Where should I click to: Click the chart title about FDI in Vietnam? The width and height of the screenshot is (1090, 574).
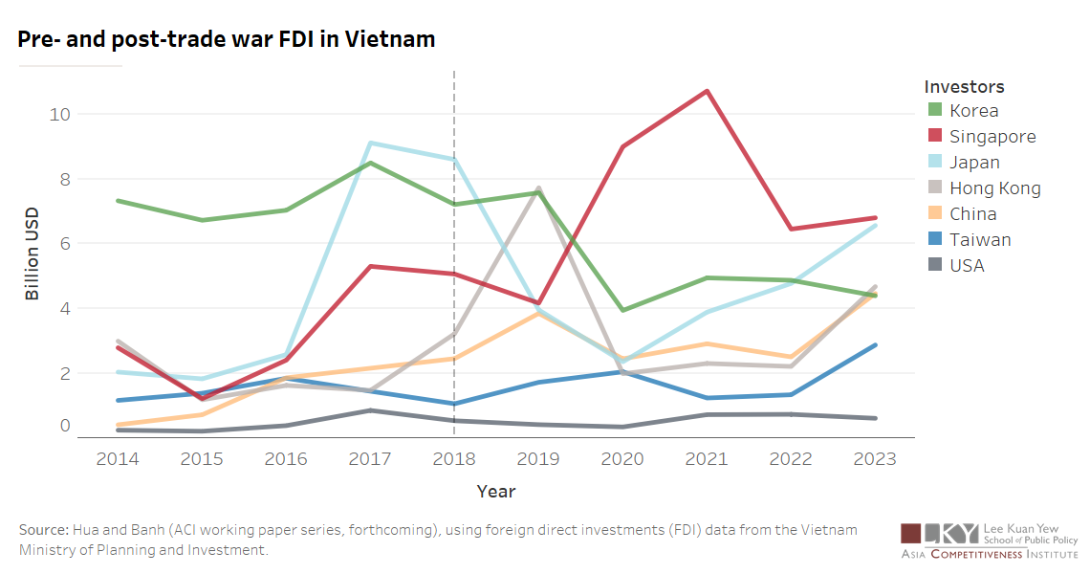(x=227, y=39)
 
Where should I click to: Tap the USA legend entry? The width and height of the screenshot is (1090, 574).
(x=967, y=266)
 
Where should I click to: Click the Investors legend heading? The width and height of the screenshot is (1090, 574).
(x=964, y=87)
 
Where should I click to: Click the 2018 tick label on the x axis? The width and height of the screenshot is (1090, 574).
(x=454, y=459)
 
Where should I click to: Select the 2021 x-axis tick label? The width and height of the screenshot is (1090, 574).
(x=707, y=459)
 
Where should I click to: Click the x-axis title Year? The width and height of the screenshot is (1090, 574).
(x=496, y=492)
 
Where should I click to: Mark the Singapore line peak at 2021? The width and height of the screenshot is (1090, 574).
(x=707, y=91)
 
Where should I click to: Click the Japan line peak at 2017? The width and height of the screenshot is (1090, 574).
(x=370, y=143)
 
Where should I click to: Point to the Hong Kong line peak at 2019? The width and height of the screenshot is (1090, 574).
(x=538, y=188)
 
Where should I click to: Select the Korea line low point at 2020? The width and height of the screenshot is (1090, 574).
(x=622, y=310)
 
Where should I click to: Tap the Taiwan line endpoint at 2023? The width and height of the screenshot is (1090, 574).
(x=875, y=344)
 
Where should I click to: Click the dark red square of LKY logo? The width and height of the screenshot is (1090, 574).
(x=911, y=533)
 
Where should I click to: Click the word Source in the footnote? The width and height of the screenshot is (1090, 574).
(x=43, y=530)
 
